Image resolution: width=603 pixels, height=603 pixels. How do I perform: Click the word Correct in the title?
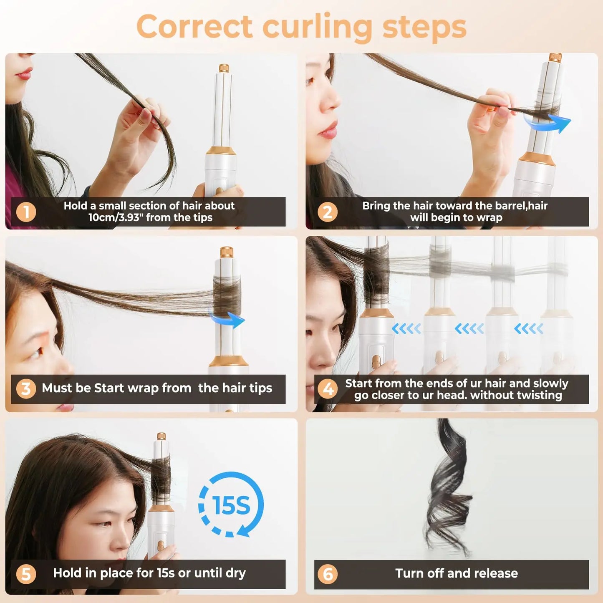[x=194, y=27]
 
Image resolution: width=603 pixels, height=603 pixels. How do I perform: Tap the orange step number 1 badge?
[x=26, y=212]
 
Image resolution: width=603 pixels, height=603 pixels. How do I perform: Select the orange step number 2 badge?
[x=328, y=212]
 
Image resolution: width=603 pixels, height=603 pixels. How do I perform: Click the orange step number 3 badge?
[x=26, y=389]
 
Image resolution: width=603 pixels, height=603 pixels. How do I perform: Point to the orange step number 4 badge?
[x=328, y=389]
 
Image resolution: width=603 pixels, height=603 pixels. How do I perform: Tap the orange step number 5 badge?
[x=26, y=574]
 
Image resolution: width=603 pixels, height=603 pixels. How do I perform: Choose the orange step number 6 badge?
[x=328, y=574]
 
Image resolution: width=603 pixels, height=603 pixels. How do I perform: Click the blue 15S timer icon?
[x=231, y=505]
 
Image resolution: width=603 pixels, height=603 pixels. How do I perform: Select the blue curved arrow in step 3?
[x=227, y=320]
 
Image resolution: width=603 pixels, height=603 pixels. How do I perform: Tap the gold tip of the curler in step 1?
[x=224, y=68]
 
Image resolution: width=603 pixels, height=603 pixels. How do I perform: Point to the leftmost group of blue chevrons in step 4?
[x=406, y=329]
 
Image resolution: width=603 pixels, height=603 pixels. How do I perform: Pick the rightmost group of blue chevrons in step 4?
[x=528, y=329]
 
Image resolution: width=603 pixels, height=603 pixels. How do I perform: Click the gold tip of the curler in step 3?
[x=226, y=252]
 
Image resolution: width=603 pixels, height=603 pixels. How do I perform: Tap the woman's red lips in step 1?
[x=24, y=75]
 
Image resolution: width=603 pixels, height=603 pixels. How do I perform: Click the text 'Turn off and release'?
[x=457, y=573]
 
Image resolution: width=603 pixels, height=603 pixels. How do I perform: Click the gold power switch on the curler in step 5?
[x=161, y=545]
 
